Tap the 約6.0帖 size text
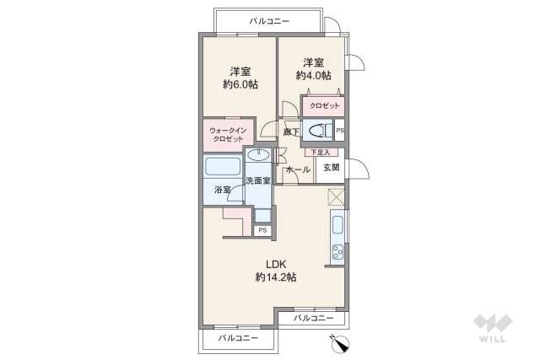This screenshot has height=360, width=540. (x=240, y=84)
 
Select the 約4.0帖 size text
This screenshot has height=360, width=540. (x=313, y=75)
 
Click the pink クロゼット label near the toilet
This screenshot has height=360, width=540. (x=324, y=105)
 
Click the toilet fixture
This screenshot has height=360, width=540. (x=319, y=131)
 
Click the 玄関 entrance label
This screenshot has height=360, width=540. (x=330, y=168)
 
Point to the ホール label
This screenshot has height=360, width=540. (x=298, y=169)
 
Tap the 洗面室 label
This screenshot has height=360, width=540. (x=257, y=180)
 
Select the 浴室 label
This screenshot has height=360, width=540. (x=222, y=190)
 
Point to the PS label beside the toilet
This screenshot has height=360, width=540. (x=340, y=131)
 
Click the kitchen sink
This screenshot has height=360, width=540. (x=337, y=225)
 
